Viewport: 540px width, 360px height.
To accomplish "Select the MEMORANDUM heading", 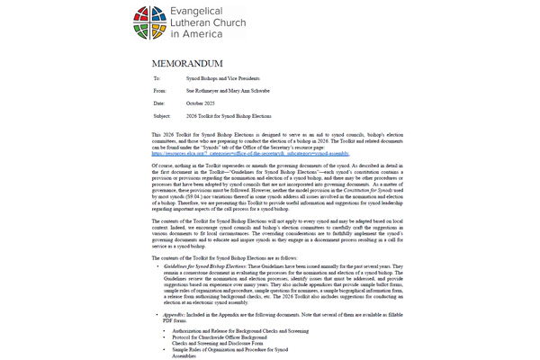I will pos(192,65).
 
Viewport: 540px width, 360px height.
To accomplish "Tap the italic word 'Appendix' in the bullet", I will pos(174,310).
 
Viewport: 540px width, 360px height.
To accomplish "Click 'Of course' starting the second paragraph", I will pos(162,163).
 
